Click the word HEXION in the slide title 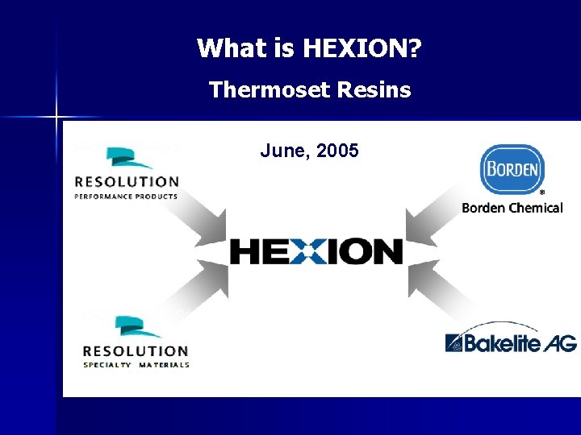(362, 49)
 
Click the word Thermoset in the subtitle (257, 89)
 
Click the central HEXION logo (316, 251)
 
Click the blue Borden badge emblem (512, 168)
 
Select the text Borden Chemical (512, 208)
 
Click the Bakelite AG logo (511, 342)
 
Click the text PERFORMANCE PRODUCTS (126, 196)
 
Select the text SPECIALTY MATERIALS (136, 365)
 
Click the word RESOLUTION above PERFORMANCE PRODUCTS (127, 181)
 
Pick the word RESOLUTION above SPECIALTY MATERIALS (136, 350)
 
